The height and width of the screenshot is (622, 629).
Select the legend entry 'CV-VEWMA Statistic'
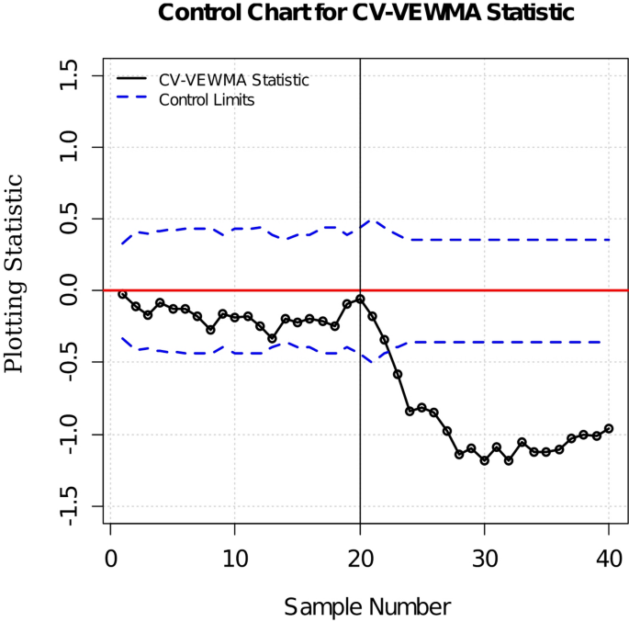coord(233,81)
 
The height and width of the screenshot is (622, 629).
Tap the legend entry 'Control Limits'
coord(207,99)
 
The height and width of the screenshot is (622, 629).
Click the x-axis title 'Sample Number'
coord(366,606)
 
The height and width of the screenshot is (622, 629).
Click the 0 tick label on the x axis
coord(110,557)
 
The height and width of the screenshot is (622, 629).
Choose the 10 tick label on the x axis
coord(235,557)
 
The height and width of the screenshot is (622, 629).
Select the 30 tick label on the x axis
coord(484,557)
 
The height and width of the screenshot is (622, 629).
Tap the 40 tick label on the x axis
coord(609,557)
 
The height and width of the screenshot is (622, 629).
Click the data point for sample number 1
coord(122,294)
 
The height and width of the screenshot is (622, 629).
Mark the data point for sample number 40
coord(609,428)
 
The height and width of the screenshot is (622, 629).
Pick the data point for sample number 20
coord(360,299)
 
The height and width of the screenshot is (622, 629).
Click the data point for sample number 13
coord(272,338)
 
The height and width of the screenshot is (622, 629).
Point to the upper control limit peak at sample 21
coord(372,221)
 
